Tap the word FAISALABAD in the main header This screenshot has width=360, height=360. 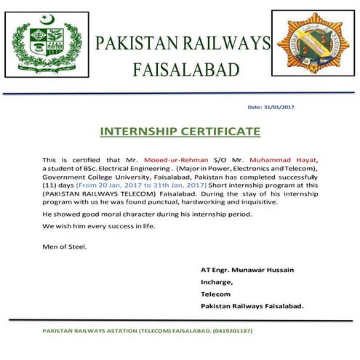[x=185, y=70]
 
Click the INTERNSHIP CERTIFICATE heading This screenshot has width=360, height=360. [x=180, y=132]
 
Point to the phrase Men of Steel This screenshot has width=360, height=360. [x=64, y=247]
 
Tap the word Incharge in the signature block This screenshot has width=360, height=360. [x=216, y=282]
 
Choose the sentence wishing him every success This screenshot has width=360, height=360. [x=98, y=226]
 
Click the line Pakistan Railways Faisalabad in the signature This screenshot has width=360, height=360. [x=252, y=306]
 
